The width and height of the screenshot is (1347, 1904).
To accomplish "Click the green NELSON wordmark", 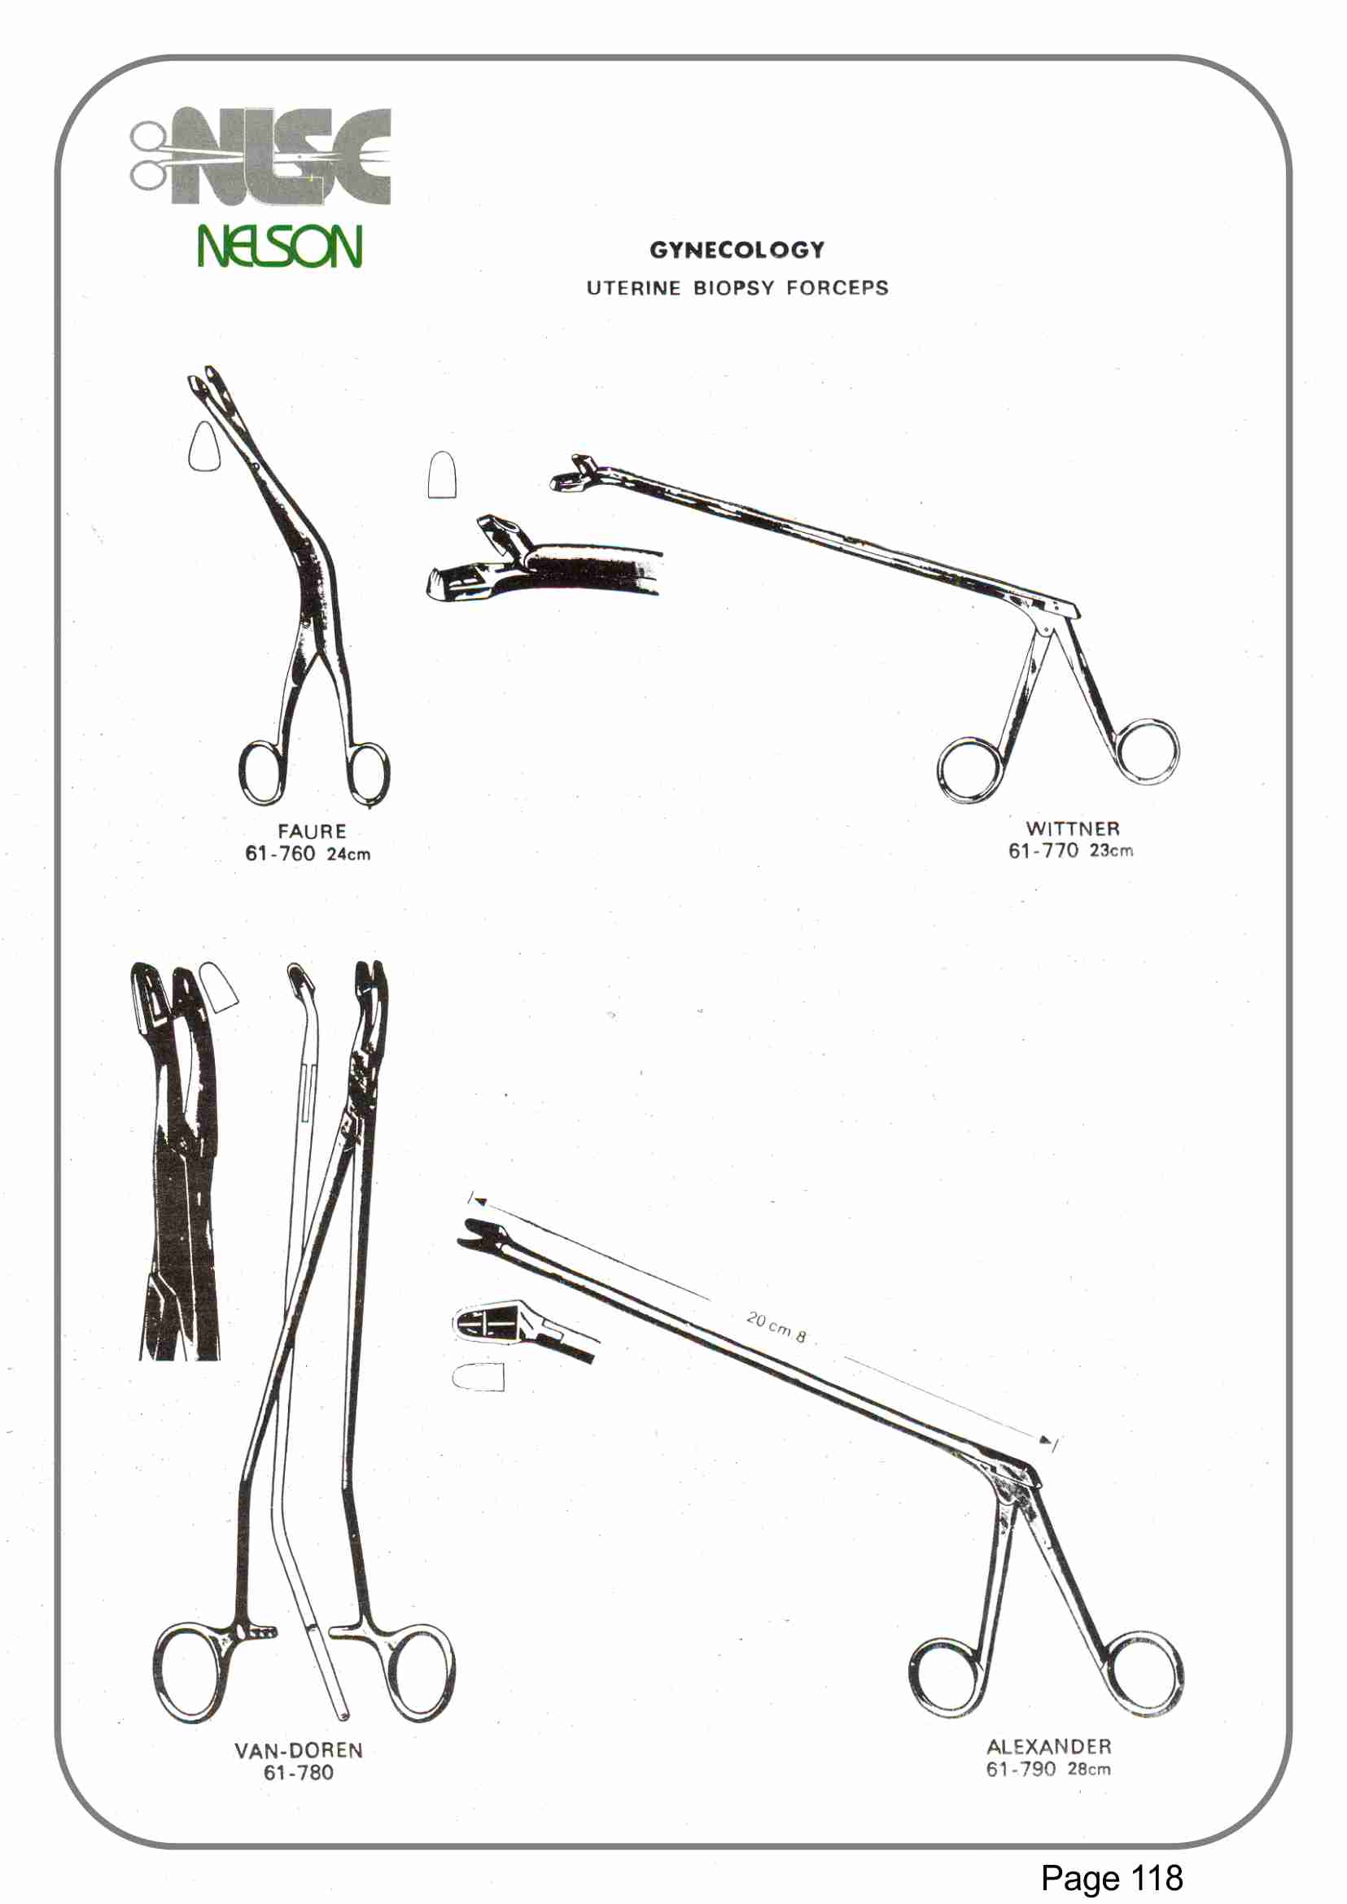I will click(x=279, y=247).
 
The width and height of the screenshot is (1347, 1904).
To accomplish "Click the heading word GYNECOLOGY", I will click(x=737, y=250).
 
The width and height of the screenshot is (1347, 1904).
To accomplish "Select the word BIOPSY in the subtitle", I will click(x=733, y=288).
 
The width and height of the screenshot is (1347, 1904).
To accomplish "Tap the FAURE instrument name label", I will click(x=312, y=831).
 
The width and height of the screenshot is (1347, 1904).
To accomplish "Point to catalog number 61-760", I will click(x=279, y=854).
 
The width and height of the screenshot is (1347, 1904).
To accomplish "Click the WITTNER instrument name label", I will click(x=1073, y=828).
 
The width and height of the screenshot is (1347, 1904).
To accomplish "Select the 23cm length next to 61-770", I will click(x=1111, y=850).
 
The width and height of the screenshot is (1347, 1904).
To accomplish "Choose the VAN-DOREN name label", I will click(x=299, y=1750).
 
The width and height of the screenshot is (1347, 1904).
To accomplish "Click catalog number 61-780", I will click(x=299, y=1773).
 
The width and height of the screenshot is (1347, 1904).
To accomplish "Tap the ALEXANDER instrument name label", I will click(x=1048, y=1746).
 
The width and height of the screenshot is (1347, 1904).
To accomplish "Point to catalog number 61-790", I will click(x=1020, y=1769).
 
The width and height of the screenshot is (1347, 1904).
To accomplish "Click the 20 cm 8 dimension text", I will click(x=776, y=1327).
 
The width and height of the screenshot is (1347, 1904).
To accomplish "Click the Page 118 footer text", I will click(x=1112, y=1877).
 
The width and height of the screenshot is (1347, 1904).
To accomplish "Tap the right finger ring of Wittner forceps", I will click(x=1147, y=751).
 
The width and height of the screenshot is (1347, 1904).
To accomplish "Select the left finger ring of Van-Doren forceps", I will click(x=189, y=1672).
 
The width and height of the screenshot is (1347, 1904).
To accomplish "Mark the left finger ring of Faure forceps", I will click(x=262, y=773).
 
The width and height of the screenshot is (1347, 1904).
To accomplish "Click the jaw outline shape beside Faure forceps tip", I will click(x=204, y=447).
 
